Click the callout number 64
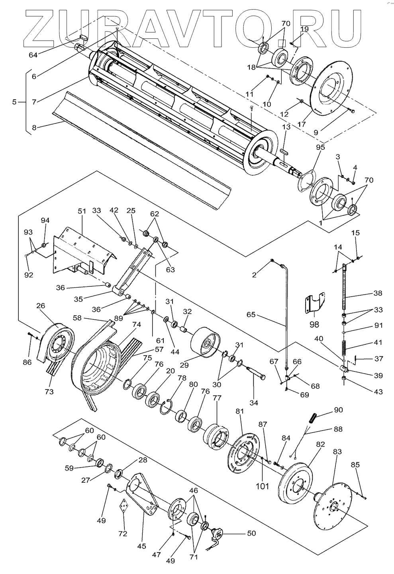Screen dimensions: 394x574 pos(33,55)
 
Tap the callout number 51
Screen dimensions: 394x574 pos(82,211)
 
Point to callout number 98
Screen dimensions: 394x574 pos(314,324)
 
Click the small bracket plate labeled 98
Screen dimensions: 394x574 pos(315,303)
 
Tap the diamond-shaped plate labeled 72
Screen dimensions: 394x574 pos(123,506)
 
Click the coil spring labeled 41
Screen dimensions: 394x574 pos(345,348)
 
